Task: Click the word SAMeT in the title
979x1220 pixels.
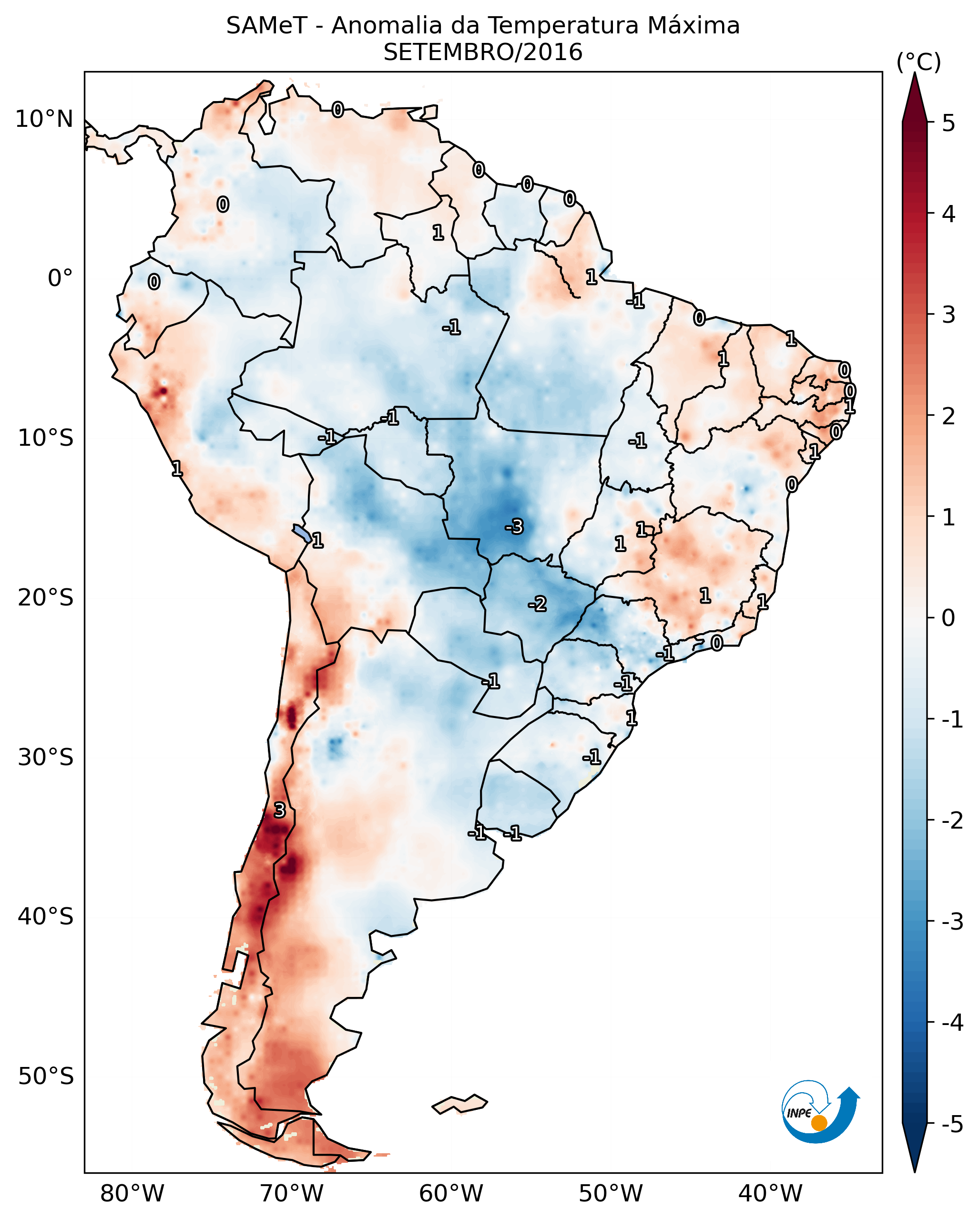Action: pos(266,26)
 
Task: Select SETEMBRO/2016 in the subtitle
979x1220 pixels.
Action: pos(483,52)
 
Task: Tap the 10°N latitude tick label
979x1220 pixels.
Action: pos(44,119)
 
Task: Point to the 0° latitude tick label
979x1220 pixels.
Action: pos(60,278)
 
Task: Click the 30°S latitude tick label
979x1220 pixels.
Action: pos(45,757)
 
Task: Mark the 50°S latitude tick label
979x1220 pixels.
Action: pos(45,1076)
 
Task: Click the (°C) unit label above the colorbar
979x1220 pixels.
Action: pos(918,62)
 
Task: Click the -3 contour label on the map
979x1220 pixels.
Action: pos(514,527)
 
